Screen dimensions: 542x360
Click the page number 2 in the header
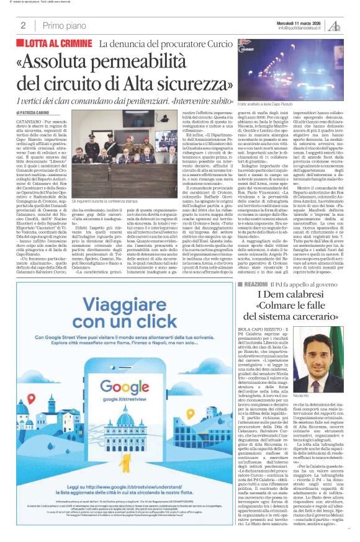point(22,25)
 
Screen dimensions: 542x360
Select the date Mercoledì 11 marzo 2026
point(303,22)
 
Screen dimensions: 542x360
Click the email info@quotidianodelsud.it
point(302,28)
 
